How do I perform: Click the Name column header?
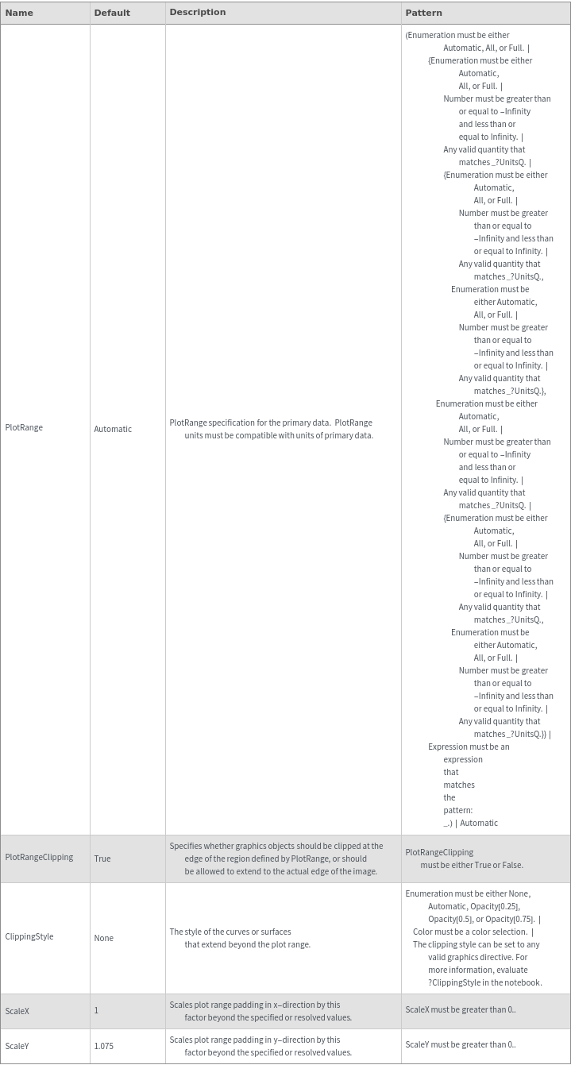click(x=19, y=13)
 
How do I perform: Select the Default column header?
click(x=112, y=13)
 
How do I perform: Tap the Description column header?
click(x=198, y=12)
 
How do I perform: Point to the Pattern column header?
click(x=424, y=13)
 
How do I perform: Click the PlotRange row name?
click(x=24, y=427)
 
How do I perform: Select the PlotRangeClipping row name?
click(x=39, y=857)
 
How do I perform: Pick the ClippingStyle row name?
click(x=29, y=936)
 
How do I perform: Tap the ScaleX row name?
click(x=17, y=1011)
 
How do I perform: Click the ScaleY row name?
click(x=17, y=1046)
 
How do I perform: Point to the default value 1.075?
click(x=104, y=1046)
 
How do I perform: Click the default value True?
click(x=102, y=859)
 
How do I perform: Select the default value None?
click(x=104, y=938)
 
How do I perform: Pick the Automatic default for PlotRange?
click(x=113, y=429)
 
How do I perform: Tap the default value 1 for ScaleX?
click(x=96, y=1010)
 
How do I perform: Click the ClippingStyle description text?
click(x=239, y=938)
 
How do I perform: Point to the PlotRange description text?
click(x=271, y=429)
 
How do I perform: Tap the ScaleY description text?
click(x=260, y=1045)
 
